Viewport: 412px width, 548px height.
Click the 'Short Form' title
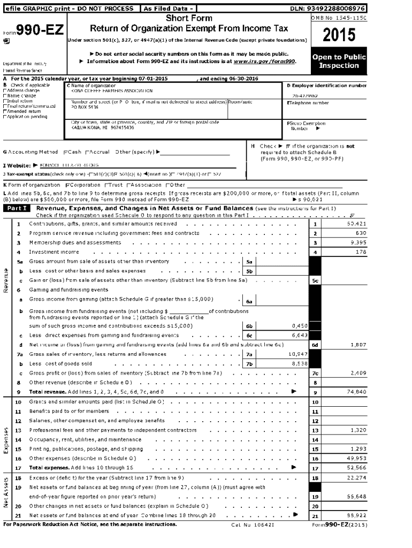189,19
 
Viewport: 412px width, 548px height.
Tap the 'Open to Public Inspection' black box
339,62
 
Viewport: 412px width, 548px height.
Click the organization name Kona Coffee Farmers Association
108,90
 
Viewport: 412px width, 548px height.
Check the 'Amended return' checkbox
5,112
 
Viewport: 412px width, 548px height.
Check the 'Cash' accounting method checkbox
65,153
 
